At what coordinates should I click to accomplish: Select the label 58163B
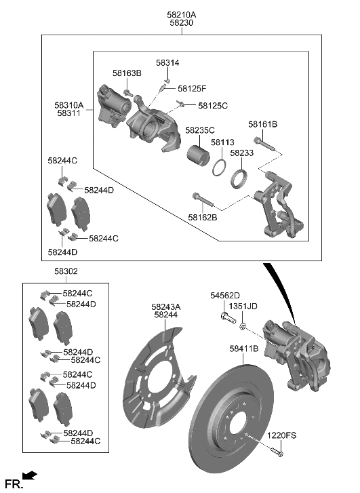(127, 73)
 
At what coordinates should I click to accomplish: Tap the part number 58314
(167, 62)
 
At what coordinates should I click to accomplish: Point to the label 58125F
(192, 89)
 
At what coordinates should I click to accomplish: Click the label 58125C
(213, 106)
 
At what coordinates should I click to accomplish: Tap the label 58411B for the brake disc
(243, 349)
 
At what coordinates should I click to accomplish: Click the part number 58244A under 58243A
(165, 315)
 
